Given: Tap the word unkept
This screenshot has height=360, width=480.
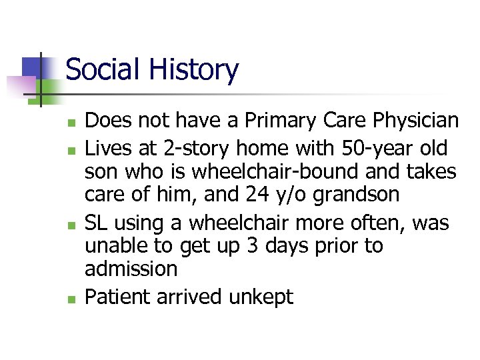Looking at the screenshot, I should (x=261, y=297).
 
